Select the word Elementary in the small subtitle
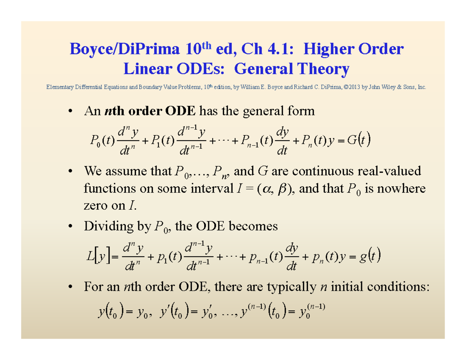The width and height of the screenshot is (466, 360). pos(58,88)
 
